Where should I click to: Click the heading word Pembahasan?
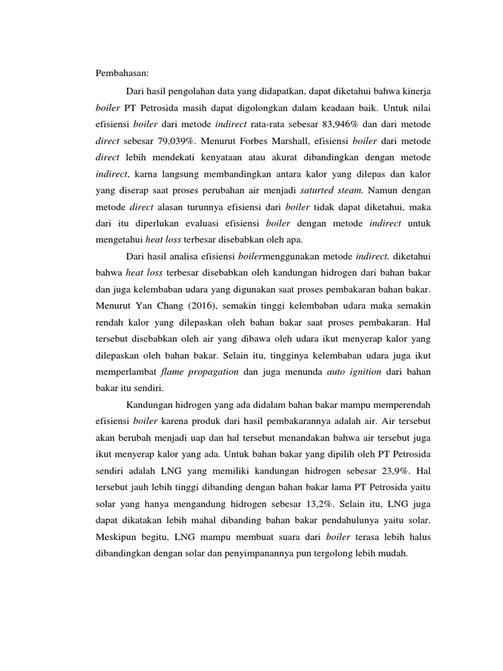122,73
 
